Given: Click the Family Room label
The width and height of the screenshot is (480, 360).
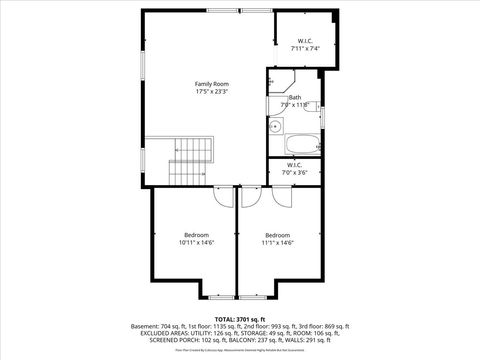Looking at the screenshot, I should pyautogui.click(x=211, y=83).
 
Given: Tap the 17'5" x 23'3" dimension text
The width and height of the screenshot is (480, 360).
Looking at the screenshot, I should pyautogui.click(x=211, y=92).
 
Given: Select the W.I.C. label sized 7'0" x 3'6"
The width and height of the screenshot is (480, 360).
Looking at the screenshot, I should pyautogui.click(x=294, y=169).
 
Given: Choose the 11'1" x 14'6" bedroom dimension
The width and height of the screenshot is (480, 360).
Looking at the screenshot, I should pyautogui.click(x=277, y=243).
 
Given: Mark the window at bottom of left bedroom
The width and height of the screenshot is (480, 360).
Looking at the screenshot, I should pyautogui.click(x=220, y=297).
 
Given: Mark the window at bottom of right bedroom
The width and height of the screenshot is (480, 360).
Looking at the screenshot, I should pyautogui.click(x=251, y=297).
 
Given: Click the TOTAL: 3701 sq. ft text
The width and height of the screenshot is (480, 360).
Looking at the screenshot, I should pyautogui.click(x=240, y=318).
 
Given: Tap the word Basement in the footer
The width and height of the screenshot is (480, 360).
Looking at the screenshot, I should pyautogui.click(x=147, y=326).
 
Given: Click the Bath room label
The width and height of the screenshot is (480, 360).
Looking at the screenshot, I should pyautogui.click(x=294, y=97).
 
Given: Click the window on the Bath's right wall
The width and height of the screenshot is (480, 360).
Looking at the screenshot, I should pyautogui.click(x=323, y=115).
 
